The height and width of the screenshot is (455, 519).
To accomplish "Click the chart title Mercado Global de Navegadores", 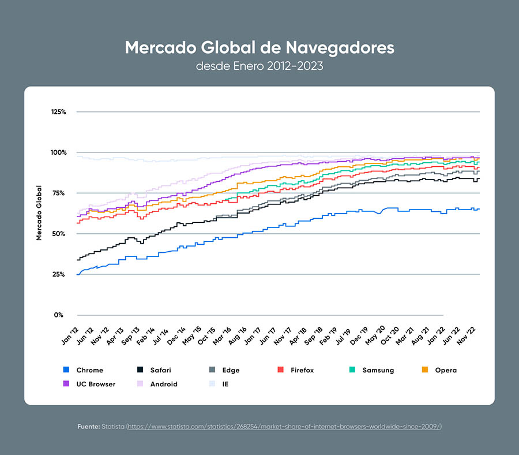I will tap(259, 47).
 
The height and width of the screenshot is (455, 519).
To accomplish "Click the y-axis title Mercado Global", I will tap(39, 212).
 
